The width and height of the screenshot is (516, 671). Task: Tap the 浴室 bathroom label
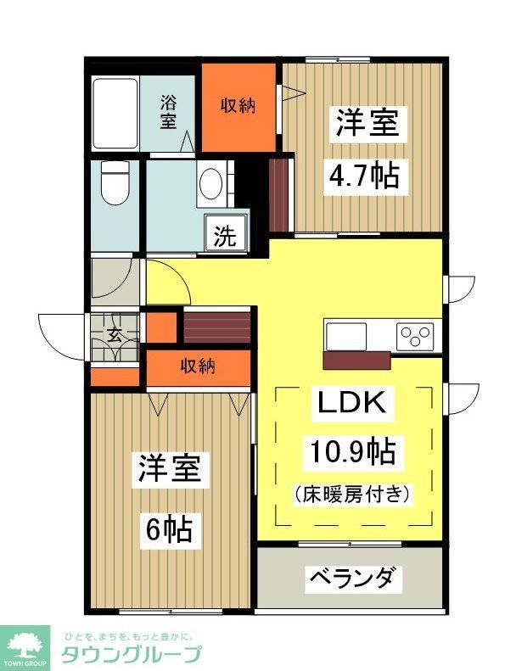[x=170, y=112]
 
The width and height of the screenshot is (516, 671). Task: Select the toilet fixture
[x=113, y=183]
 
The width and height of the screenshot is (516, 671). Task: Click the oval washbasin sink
[x=210, y=182]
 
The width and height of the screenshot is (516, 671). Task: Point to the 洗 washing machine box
[x=225, y=234]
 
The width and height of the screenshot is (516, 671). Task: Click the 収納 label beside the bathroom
[x=239, y=105]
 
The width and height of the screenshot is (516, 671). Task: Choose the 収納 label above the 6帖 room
[x=198, y=366]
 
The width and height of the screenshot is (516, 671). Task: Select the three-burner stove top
[x=415, y=335]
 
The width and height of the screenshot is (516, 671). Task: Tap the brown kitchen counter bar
[x=357, y=360]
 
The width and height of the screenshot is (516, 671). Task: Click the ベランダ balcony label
[x=351, y=579]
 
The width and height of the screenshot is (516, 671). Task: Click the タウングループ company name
[x=131, y=655]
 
